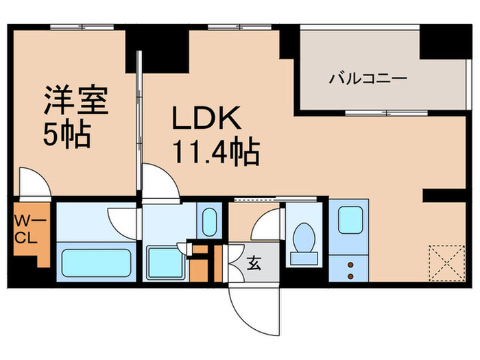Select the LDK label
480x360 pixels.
206,121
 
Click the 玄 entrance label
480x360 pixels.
253,261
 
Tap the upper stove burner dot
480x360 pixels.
350,263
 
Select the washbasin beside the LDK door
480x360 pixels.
209,221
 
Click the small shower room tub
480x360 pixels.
165,262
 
